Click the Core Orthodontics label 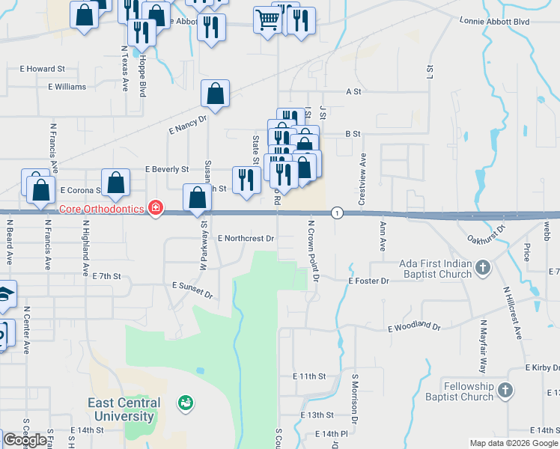tap(101, 209)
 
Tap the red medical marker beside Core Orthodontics tap(156, 207)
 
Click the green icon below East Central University tap(183, 404)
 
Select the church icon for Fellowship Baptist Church tap(505, 390)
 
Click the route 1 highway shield tap(338, 213)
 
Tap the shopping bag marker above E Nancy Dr tap(215, 94)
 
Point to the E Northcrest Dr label tap(246, 238)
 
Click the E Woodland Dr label tap(414, 327)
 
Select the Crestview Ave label tap(362, 180)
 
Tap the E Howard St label tap(43, 69)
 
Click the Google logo tap(25, 440)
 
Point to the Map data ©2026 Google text tap(514, 443)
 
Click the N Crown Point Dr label tap(313, 249)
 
